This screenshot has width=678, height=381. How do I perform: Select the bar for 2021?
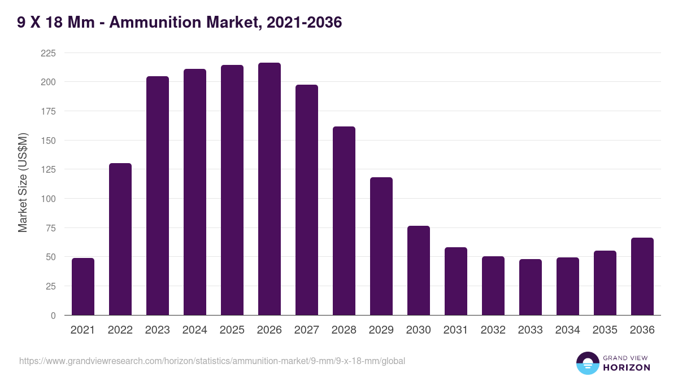(83, 287)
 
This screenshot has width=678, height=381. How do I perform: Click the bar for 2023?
(158, 196)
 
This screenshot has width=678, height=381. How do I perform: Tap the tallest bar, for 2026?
(270, 189)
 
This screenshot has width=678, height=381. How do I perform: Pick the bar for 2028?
(344, 221)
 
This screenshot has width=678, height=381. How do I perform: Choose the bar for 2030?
(419, 270)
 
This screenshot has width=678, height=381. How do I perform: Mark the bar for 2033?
(531, 287)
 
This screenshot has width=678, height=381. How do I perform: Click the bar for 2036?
(642, 277)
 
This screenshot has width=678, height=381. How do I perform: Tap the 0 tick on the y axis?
(53, 316)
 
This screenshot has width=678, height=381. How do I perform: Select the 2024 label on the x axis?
(195, 330)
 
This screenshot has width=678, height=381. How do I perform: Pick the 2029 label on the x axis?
(381, 330)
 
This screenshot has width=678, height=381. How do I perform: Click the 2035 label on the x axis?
(605, 330)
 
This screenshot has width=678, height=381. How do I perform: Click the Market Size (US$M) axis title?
(23, 182)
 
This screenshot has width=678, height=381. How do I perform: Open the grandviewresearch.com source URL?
(212, 361)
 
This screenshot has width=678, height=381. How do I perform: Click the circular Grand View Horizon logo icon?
(587, 363)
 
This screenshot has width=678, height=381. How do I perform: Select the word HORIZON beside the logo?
(627, 367)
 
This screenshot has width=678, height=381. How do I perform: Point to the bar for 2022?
(120, 239)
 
